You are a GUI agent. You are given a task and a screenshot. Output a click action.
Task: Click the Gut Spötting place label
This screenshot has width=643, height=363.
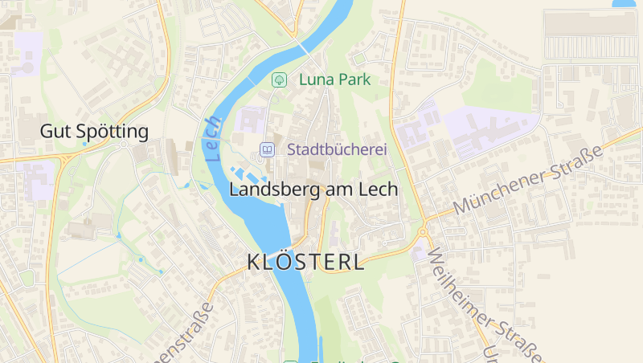point(95,131)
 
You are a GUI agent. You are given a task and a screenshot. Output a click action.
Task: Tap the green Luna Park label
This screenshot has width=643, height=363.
point(334,80)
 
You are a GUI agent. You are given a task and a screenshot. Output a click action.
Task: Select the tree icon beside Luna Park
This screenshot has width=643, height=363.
point(280,80)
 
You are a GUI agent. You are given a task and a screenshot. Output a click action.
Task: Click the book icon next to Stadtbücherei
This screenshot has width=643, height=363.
point(266,149)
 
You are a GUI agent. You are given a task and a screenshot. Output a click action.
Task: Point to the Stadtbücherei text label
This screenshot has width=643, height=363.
point(338,149)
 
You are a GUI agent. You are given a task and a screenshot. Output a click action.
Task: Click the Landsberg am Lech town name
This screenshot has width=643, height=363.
point(313,190)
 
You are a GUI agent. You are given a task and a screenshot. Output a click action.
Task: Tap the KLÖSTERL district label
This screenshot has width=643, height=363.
point(305,262)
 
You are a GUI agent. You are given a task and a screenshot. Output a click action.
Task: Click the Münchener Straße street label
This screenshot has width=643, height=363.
point(527,180)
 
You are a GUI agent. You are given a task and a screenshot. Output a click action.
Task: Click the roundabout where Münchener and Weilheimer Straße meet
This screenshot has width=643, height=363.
point(422,232)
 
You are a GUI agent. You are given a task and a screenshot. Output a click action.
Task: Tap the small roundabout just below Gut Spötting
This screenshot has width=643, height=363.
point(123,145)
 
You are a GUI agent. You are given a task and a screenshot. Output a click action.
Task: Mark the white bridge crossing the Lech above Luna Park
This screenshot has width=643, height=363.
point(306,49)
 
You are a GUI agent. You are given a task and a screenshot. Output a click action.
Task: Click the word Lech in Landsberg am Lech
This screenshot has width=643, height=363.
point(379,190)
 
